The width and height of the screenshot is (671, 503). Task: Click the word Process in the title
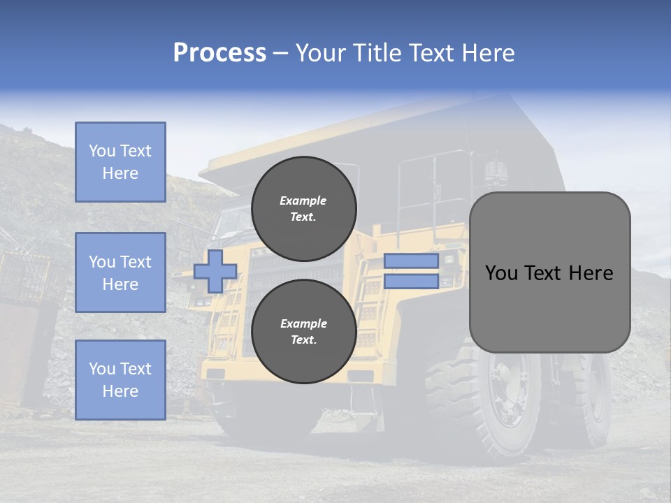coord(219,53)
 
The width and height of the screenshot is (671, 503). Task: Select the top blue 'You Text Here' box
coord(120,162)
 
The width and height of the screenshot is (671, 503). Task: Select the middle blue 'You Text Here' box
coord(120,272)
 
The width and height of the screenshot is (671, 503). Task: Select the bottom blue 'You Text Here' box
coord(120,380)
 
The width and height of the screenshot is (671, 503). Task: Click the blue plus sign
coord(215,271)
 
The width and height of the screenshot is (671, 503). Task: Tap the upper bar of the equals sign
coord(411,261)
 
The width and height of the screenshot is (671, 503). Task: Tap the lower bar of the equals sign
coord(411,282)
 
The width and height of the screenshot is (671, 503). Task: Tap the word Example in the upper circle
coord(303,201)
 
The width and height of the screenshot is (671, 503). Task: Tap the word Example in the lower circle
coord(303,323)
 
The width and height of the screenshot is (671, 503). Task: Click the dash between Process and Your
coord(280,53)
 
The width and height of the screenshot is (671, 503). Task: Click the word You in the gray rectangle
coord(501,273)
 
